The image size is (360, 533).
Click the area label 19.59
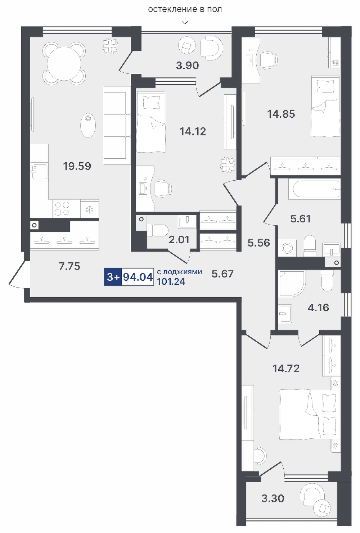click(x=77, y=166)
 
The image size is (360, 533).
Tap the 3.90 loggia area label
click(x=188, y=66)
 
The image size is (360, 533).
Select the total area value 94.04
click(x=138, y=277)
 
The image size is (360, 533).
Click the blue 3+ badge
click(x=113, y=277)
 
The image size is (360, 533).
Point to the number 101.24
click(x=171, y=282)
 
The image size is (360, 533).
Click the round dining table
click(x=64, y=64)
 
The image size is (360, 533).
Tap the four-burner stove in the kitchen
click(x=62, y=208)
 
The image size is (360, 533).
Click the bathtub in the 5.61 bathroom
click(x=314, y=189)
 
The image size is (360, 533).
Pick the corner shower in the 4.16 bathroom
click(x=292, y=284)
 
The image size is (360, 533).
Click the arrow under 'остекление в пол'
click(x=185, y=22)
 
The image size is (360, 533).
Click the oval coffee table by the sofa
click(x=88, y=125)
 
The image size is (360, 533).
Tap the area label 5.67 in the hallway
click(x=222, y=274)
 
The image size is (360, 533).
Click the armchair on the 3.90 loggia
click(x=212, y=48)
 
